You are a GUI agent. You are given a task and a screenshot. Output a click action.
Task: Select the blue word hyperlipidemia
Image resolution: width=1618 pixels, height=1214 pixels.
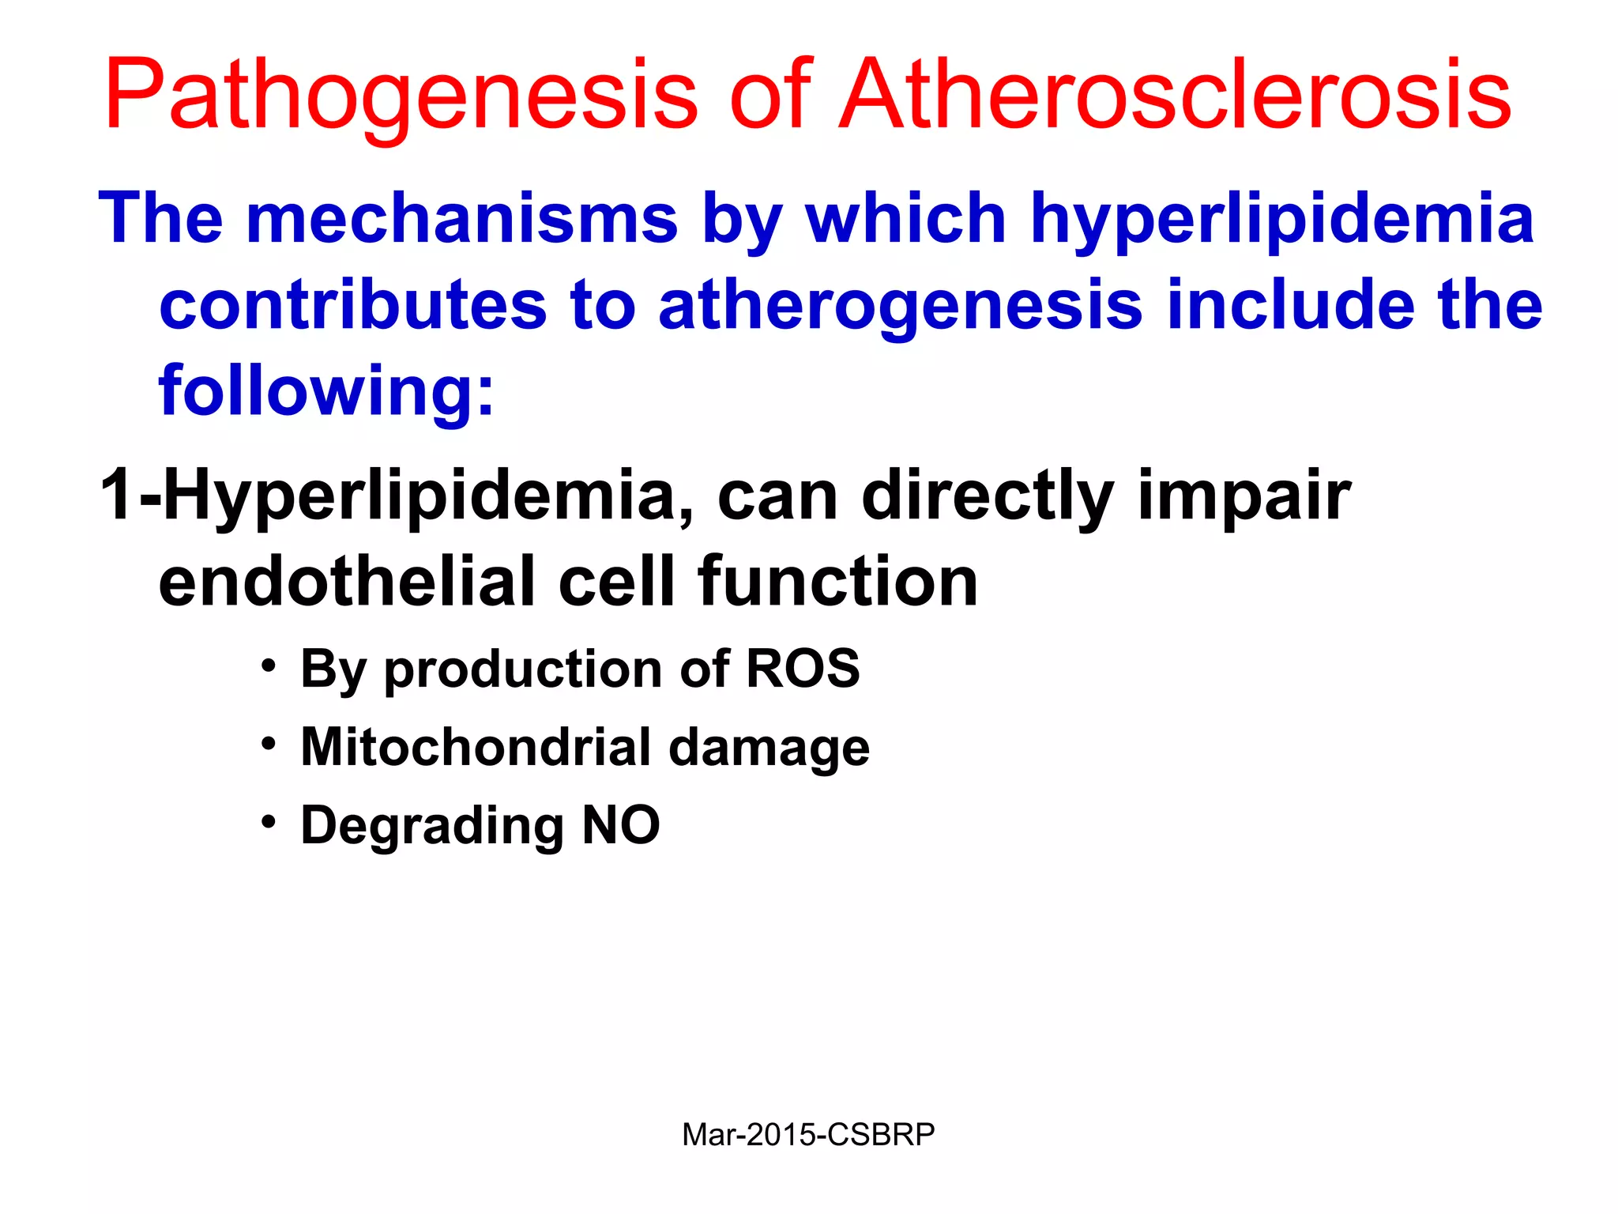(x=1282, y=219)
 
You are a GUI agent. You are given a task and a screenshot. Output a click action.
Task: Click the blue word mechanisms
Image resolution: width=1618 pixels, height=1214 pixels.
(x=461, y=219)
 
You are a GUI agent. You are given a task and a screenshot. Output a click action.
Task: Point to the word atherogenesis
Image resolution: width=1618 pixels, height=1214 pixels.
(x=900, y=307)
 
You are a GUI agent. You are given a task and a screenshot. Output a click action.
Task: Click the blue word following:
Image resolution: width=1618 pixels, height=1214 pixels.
(x=326, y=391)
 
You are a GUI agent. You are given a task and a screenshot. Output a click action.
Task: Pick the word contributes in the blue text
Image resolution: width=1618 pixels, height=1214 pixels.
(x=353, y=305)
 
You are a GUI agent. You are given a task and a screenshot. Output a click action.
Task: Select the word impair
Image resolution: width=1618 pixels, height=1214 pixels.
(x=1244, y=496)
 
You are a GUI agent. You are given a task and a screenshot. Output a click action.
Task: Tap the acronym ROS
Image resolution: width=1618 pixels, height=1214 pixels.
(x=803, y=669)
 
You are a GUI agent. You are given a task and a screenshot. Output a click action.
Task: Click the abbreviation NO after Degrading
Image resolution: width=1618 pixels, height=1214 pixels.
(x=621, y=825)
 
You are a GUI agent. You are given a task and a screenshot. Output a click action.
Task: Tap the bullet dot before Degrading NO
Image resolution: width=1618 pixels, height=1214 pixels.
(x=269, y=822)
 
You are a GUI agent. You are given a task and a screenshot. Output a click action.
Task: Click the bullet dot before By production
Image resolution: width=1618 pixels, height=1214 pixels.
(x=269, y=665)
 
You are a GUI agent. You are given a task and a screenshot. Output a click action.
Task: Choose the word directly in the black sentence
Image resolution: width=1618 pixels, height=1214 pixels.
(x=988, y=496)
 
